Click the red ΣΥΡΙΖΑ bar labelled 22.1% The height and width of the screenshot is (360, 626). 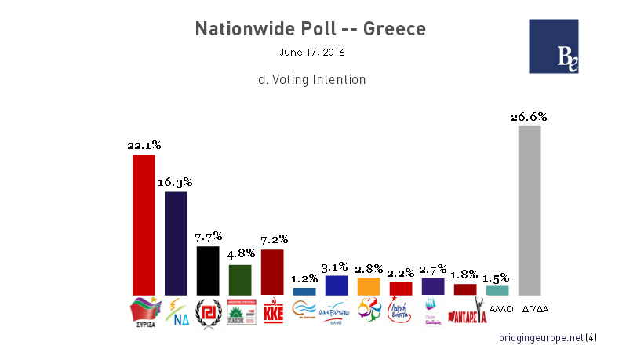(144, 224)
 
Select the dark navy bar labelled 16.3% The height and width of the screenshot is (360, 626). (176, 243)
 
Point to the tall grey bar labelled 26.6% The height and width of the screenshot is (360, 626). (530, 210)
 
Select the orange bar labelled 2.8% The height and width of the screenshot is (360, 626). (368, 286)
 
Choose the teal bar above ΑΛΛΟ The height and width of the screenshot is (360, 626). (497, 290)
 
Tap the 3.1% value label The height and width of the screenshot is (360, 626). (336, 267)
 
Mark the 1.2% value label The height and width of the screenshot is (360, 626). (304, 278)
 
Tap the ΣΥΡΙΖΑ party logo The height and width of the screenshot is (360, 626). (144, 312)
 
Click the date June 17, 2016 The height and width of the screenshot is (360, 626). (312, 53)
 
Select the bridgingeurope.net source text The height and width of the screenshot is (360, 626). (541, 337)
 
